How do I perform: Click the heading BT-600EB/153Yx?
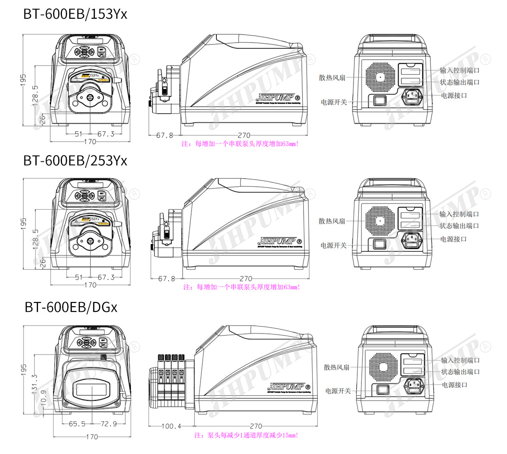pyautogui.click(x=75, y=14)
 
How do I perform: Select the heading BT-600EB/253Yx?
pyautogui.click(x=75, y=161)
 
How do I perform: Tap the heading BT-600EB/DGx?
pyautogui.click(x=71, y=307)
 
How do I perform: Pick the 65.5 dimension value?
pyautogui.click(x=77, y=424)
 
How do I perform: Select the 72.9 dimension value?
pyautogui.click(x=109, y=424)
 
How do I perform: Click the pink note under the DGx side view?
pyautogui.click(x=246, y=435)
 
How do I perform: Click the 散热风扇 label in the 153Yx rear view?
pyautogui.click(x=332, y=77)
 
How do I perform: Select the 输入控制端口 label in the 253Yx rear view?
pyautogui.click(x=459, y=214)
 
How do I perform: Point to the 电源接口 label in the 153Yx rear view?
pyautogui.click(x=454, y=95)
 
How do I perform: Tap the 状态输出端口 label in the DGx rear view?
pyautogui.click(x=461, y=372)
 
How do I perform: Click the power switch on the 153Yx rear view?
pyautogui.click(x=379, y=100)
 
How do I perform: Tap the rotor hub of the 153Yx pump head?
pyautogui.click(x=90, y=98)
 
